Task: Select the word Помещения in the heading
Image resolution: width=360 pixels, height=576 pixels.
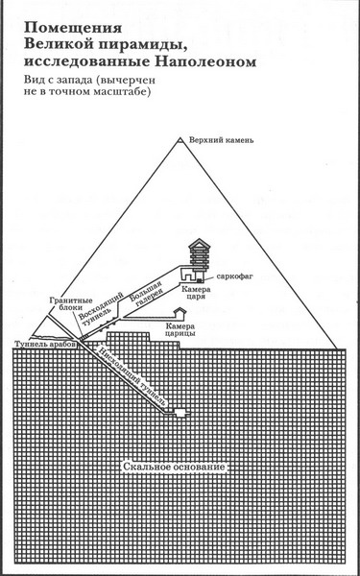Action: click(x=73, y=29)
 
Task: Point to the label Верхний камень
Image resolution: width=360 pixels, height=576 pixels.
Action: click(x=221, y=140)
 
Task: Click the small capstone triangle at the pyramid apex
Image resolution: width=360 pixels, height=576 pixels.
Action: click(x=180, y=140)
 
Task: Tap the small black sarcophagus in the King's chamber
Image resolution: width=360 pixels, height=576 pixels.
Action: click(x=199, y=281)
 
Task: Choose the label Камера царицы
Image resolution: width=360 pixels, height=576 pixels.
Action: click(x=180, y=329)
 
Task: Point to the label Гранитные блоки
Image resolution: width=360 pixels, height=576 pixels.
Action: click(x=65, y=303)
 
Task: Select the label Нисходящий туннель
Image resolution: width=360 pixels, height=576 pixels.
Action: click(x=133, y=376)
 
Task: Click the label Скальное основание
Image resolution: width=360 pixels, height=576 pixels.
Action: click(x=174, y=467)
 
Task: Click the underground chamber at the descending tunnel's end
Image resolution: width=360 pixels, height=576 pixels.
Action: click(x=180, y=413)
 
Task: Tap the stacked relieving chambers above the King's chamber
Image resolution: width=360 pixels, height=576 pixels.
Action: click(x=200, y=254)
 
